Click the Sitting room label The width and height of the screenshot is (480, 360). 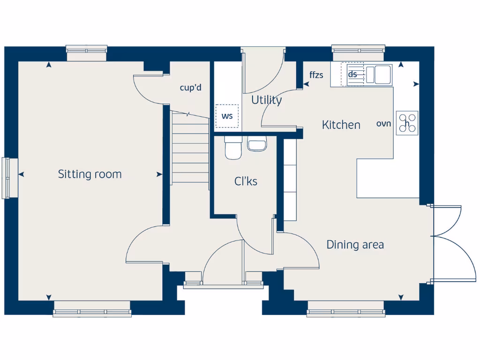point(90,174)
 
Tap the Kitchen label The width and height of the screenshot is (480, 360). point(341,125)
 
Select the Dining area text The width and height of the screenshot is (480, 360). point(355,245)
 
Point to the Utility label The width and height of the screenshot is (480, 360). point(266,100)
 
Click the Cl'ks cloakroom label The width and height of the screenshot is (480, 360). point(246,181)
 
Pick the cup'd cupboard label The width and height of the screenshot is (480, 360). point(191,88)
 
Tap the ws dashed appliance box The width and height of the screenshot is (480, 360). point(227,116)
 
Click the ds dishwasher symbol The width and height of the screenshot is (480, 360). point(352,74)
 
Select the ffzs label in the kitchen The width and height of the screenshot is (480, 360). point(316,75)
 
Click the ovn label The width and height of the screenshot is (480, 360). point(383,124)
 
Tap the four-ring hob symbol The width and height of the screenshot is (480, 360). point(407,123)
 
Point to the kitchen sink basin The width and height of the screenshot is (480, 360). point(383,74)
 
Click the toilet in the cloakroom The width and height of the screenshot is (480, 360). point(232,147)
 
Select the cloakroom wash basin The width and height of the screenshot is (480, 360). point(257,143)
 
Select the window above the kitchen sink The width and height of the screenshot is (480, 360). point(359,49)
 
